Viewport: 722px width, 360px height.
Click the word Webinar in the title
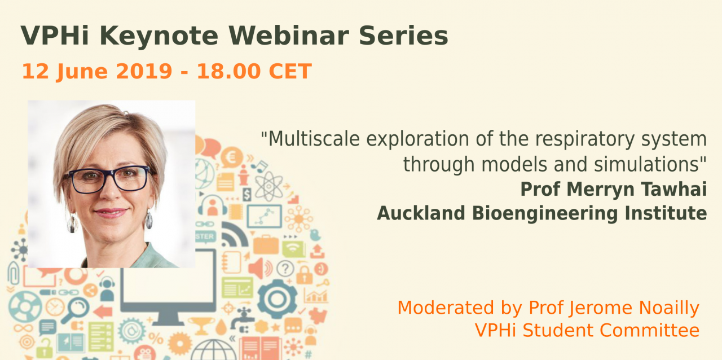click(289, 36)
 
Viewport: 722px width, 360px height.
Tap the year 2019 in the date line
click(144, 71)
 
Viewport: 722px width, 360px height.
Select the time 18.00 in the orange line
click(228, 71)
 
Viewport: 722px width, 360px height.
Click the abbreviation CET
click(290, 71)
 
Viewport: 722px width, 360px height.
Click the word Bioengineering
click(545, 213)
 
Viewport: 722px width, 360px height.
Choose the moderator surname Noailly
click(669, 308)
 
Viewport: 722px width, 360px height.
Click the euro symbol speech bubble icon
click(231, 158)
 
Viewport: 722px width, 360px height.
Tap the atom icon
click(269, 186)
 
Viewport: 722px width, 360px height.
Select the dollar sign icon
click(247, 195)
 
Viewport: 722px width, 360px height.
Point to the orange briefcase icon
click(266, 244)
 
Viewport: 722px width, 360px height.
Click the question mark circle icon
click(285, 268)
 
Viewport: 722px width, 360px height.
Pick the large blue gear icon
click(278, 299)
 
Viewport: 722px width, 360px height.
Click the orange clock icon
click(55, 307)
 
